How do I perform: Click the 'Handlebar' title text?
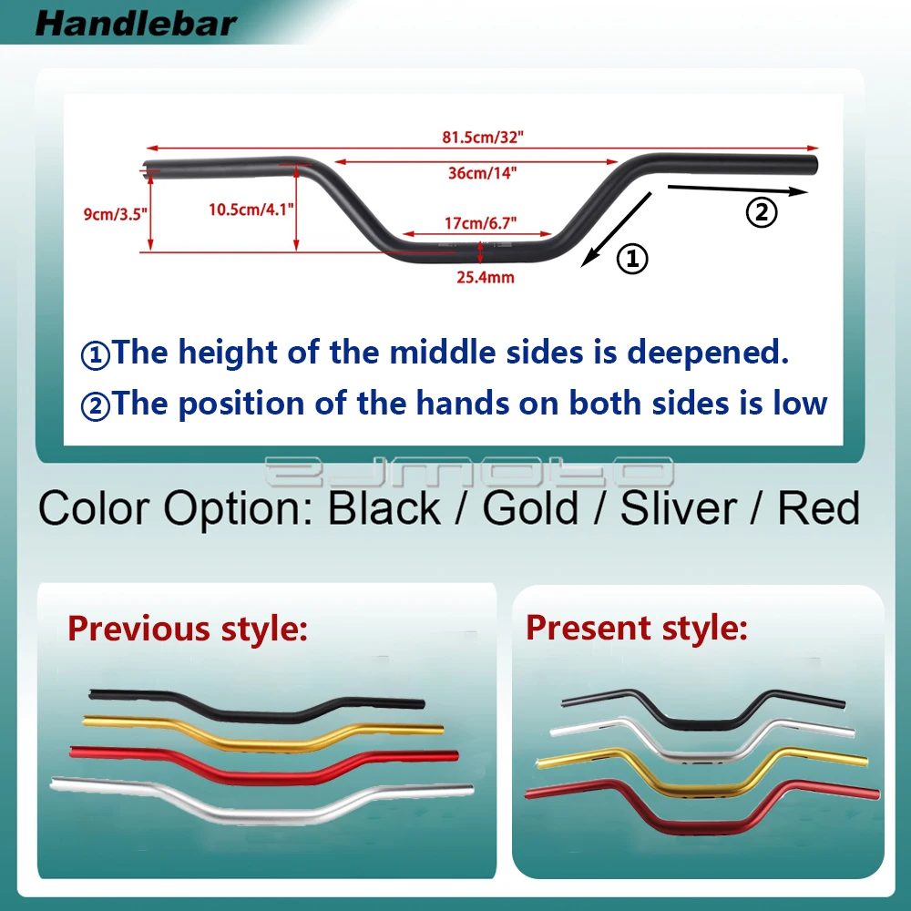tap(136, 25)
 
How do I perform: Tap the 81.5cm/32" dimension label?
tap(483, 138)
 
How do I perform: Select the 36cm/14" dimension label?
tap(482, 172)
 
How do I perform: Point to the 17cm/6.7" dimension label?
tap(480, 223)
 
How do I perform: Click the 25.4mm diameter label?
tap(486, 277)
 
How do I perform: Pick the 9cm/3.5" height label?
tap(115, 214)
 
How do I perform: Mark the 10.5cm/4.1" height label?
tap(251, 210)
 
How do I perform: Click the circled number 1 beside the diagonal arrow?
tap(632, 259)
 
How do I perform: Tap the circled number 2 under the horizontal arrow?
tap(761, 212)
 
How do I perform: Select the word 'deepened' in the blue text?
tap(708, 352)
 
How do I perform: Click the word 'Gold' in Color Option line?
tap(530, 508)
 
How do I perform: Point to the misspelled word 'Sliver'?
tap(678, 508)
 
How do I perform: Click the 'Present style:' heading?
tap(637, 628)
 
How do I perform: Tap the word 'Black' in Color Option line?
tap(384, 508)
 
